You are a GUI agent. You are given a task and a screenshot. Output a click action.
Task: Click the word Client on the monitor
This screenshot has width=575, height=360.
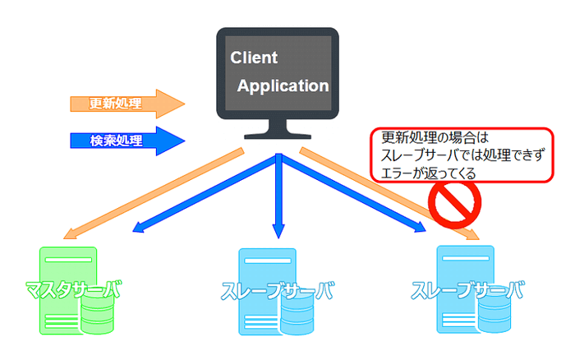point(255,58)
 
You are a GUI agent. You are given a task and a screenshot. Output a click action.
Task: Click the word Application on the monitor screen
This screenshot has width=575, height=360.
point(283,85)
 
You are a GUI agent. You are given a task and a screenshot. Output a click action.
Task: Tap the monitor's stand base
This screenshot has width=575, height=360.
point(278,135)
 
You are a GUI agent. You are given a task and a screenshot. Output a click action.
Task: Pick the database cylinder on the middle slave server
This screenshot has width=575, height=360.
point(297,316)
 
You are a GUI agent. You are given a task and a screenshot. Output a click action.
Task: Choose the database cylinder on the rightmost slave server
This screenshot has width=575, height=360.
point(494,316)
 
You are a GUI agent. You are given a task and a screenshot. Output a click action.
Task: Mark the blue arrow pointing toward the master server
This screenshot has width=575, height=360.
point(197,197)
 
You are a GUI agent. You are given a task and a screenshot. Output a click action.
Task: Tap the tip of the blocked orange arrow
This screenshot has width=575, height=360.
point(475,238)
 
